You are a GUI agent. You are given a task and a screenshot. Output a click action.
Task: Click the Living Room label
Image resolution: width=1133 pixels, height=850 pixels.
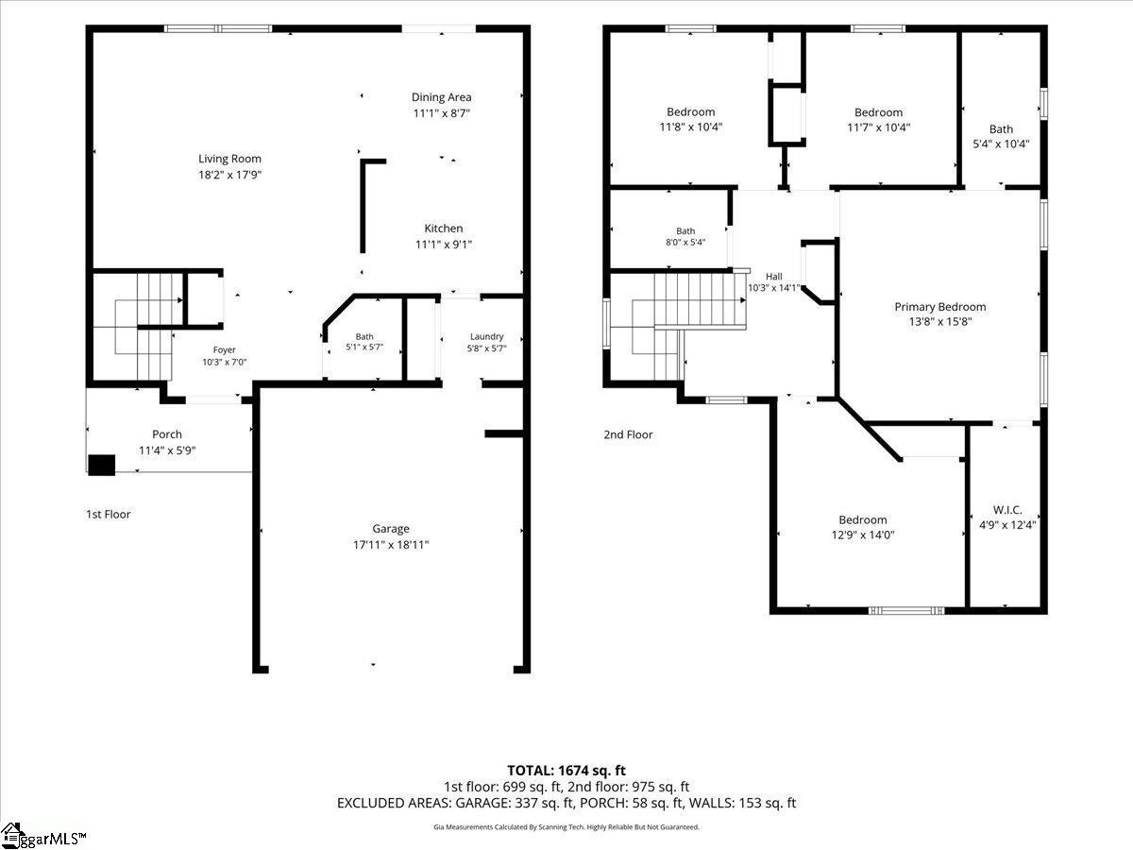(229, 159)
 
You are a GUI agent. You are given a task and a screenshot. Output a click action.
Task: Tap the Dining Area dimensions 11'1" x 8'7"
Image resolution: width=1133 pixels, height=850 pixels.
(441, 113)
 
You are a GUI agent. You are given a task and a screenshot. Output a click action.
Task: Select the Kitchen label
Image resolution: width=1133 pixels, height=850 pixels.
(444, 229)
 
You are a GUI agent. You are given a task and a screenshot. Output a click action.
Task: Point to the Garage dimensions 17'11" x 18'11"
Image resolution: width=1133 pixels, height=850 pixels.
(391, 545)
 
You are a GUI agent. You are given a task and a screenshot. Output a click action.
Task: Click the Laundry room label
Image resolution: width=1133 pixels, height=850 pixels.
(487, 336)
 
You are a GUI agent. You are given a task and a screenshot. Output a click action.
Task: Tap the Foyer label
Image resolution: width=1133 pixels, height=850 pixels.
(224, 349)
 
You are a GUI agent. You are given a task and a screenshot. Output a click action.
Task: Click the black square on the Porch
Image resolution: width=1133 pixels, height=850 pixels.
(102, 465)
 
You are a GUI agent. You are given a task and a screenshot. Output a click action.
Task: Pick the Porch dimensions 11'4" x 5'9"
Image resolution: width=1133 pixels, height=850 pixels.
(167, 450)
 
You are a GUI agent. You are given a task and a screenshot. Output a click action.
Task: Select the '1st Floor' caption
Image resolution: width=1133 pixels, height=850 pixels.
(109, 514)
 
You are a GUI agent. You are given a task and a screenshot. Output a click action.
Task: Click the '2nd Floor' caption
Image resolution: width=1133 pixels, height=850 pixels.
(628, 434)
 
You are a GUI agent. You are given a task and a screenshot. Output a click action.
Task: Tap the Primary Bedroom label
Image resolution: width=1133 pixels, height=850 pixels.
(940, 307)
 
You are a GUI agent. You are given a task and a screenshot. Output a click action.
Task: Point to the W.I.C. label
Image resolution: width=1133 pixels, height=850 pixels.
(1007, 510)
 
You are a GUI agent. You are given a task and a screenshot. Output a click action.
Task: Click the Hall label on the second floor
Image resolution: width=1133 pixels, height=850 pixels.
(773, 277)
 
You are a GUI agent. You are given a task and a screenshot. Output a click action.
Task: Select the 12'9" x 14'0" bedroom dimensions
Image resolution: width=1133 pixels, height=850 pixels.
(863, 535)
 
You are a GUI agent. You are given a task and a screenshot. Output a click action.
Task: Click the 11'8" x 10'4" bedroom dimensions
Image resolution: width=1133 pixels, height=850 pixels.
(690, 127)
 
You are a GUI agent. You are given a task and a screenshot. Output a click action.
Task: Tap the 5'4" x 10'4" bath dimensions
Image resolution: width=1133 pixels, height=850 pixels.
(1001, 144)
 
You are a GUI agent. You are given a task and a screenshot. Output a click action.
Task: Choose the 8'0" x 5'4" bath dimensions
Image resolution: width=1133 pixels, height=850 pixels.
(685, 242)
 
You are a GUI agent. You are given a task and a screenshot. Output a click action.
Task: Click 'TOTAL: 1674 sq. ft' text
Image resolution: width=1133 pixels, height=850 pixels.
(566, 771)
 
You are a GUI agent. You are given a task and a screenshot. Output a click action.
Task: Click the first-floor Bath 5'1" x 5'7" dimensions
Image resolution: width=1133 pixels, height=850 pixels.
(364, 347)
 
